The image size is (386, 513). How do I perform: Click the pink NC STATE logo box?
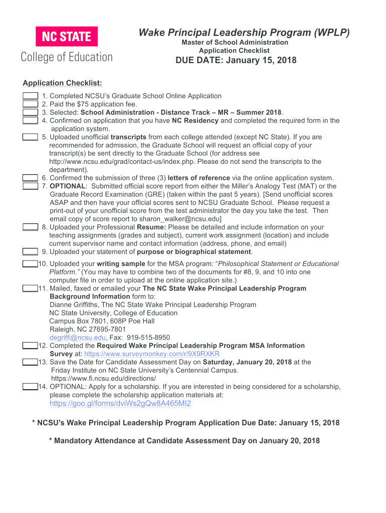coord(66,37)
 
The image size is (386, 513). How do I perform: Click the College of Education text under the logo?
coord(66,57)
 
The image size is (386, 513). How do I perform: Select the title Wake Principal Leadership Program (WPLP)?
coord(244,33)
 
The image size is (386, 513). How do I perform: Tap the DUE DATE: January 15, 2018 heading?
coord(235,61)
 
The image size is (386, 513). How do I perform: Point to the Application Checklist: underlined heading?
coord(63,83)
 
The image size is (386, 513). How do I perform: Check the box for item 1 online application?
coord(30,96)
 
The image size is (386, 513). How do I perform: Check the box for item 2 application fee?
coord(30,104)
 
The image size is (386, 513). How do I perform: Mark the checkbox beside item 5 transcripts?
coord(30,137)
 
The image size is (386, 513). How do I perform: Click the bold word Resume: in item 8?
coord(152,227)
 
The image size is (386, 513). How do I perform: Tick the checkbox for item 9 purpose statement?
coord(30,252)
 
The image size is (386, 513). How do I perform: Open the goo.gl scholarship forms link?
coord(120,404)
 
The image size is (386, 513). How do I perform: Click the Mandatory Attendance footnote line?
coord(184,441)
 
